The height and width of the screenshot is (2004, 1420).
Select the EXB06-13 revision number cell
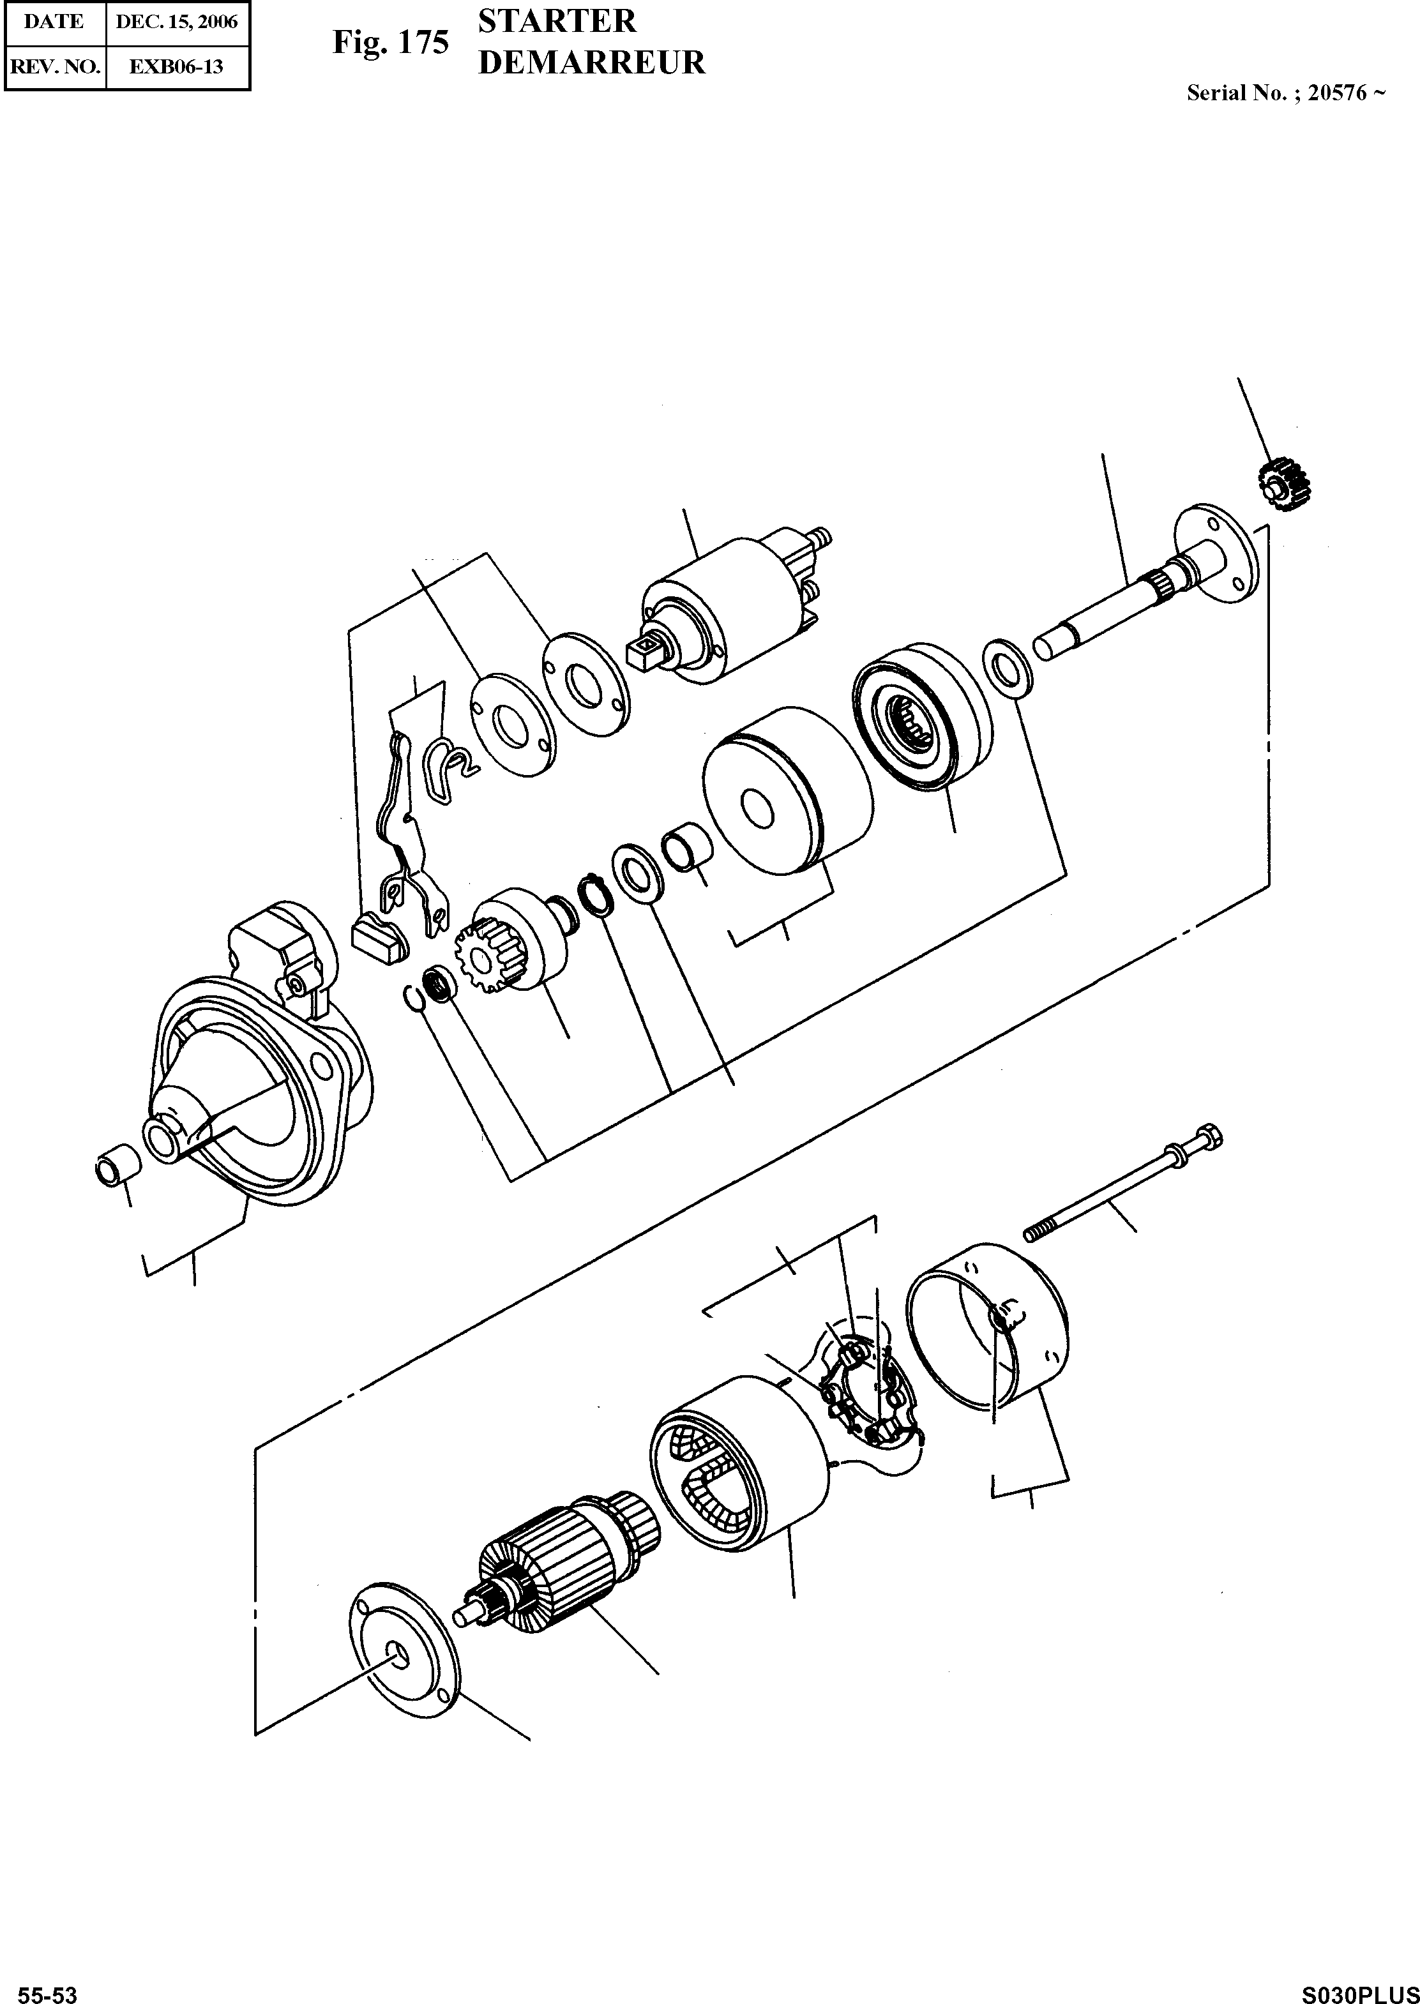coord(177,66)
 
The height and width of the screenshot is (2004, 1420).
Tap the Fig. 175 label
coord(390,42)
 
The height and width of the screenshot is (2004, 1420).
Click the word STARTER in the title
coord(557,21)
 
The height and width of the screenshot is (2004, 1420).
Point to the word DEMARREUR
coord(591,63)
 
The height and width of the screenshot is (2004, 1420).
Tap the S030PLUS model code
coord(1359,1989)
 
